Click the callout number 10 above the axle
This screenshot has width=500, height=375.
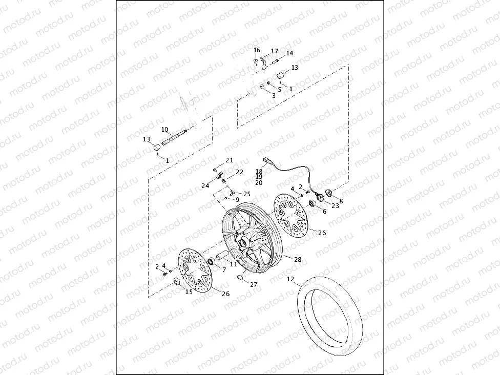[x=165, y=129]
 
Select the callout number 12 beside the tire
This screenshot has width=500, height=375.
[x=290, y=280]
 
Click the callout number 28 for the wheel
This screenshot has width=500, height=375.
[x=298, y=260]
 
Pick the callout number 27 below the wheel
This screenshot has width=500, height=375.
[x=254, y=284]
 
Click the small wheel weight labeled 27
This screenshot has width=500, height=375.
[x=239, y=278]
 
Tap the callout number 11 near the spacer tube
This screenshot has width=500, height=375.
[x=233, y=264]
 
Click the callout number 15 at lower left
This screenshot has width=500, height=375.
[x=189, y=292]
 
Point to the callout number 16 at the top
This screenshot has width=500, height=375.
[x=257, y=50]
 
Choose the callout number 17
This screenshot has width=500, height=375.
[x=275, y=51]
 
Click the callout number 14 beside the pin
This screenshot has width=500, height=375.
[x=290, y=53]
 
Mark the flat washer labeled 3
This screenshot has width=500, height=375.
[x=262, y=88]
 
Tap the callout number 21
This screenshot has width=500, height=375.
[x=229, y=160]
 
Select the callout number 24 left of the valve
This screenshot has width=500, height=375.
[x=205, y=185]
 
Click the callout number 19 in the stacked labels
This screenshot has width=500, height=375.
[x=259, y=177]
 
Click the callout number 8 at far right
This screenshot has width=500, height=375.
[x=341, y=201]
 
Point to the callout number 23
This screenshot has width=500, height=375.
[x=335, y=206]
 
